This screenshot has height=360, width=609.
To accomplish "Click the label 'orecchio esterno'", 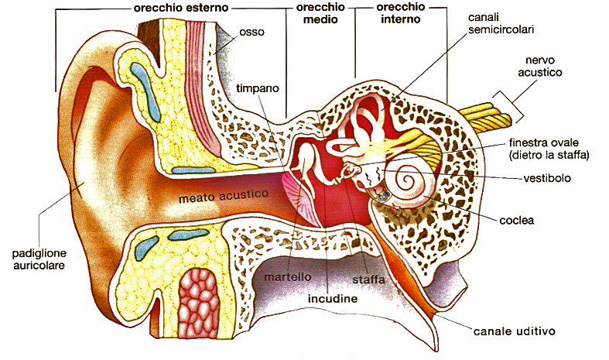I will [178, 9].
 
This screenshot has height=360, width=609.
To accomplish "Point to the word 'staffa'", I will [368, 278].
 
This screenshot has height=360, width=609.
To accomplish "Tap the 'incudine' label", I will [333, 297].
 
